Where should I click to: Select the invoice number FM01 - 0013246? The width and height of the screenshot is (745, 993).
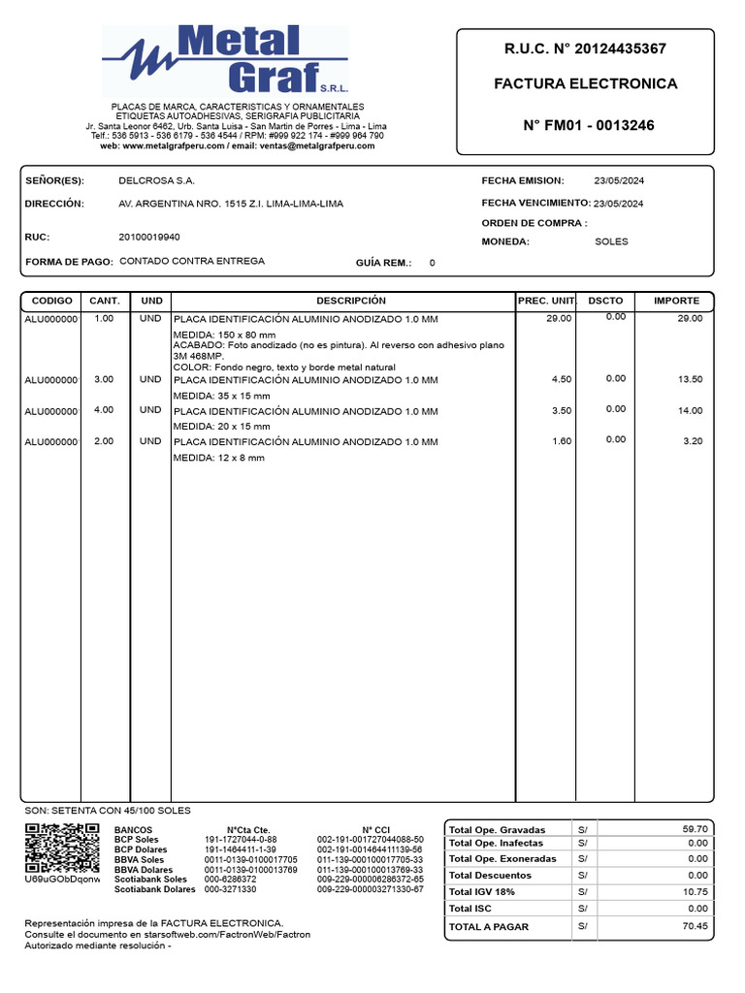(x=588, y=125)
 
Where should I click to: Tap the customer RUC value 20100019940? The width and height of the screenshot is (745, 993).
(x=148, y=237)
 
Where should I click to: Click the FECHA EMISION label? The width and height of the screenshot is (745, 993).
(x=523, y=181)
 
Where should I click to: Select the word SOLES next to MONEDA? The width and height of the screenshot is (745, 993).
(x=611, y=241)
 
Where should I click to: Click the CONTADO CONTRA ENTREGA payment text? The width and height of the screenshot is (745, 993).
(x=191, y=262)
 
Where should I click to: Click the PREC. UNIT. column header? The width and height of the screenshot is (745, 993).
(x=547, y=302)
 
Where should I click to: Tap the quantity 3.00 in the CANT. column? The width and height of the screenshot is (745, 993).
(x=104, y=379)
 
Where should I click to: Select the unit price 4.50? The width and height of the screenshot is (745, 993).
(x=561, y=380)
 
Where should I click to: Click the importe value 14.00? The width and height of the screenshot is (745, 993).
(x=690, y=411)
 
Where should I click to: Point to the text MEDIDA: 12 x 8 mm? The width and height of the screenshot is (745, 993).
(x=218, y=458)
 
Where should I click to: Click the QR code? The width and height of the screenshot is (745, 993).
(x=61, y=849)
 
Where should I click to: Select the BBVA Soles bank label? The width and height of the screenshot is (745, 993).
(x=139, y=860)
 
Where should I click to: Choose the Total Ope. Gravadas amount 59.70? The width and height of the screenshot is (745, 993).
(x=696, y=829)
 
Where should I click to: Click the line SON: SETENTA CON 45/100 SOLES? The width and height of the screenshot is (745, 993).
(x=107, y=811)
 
